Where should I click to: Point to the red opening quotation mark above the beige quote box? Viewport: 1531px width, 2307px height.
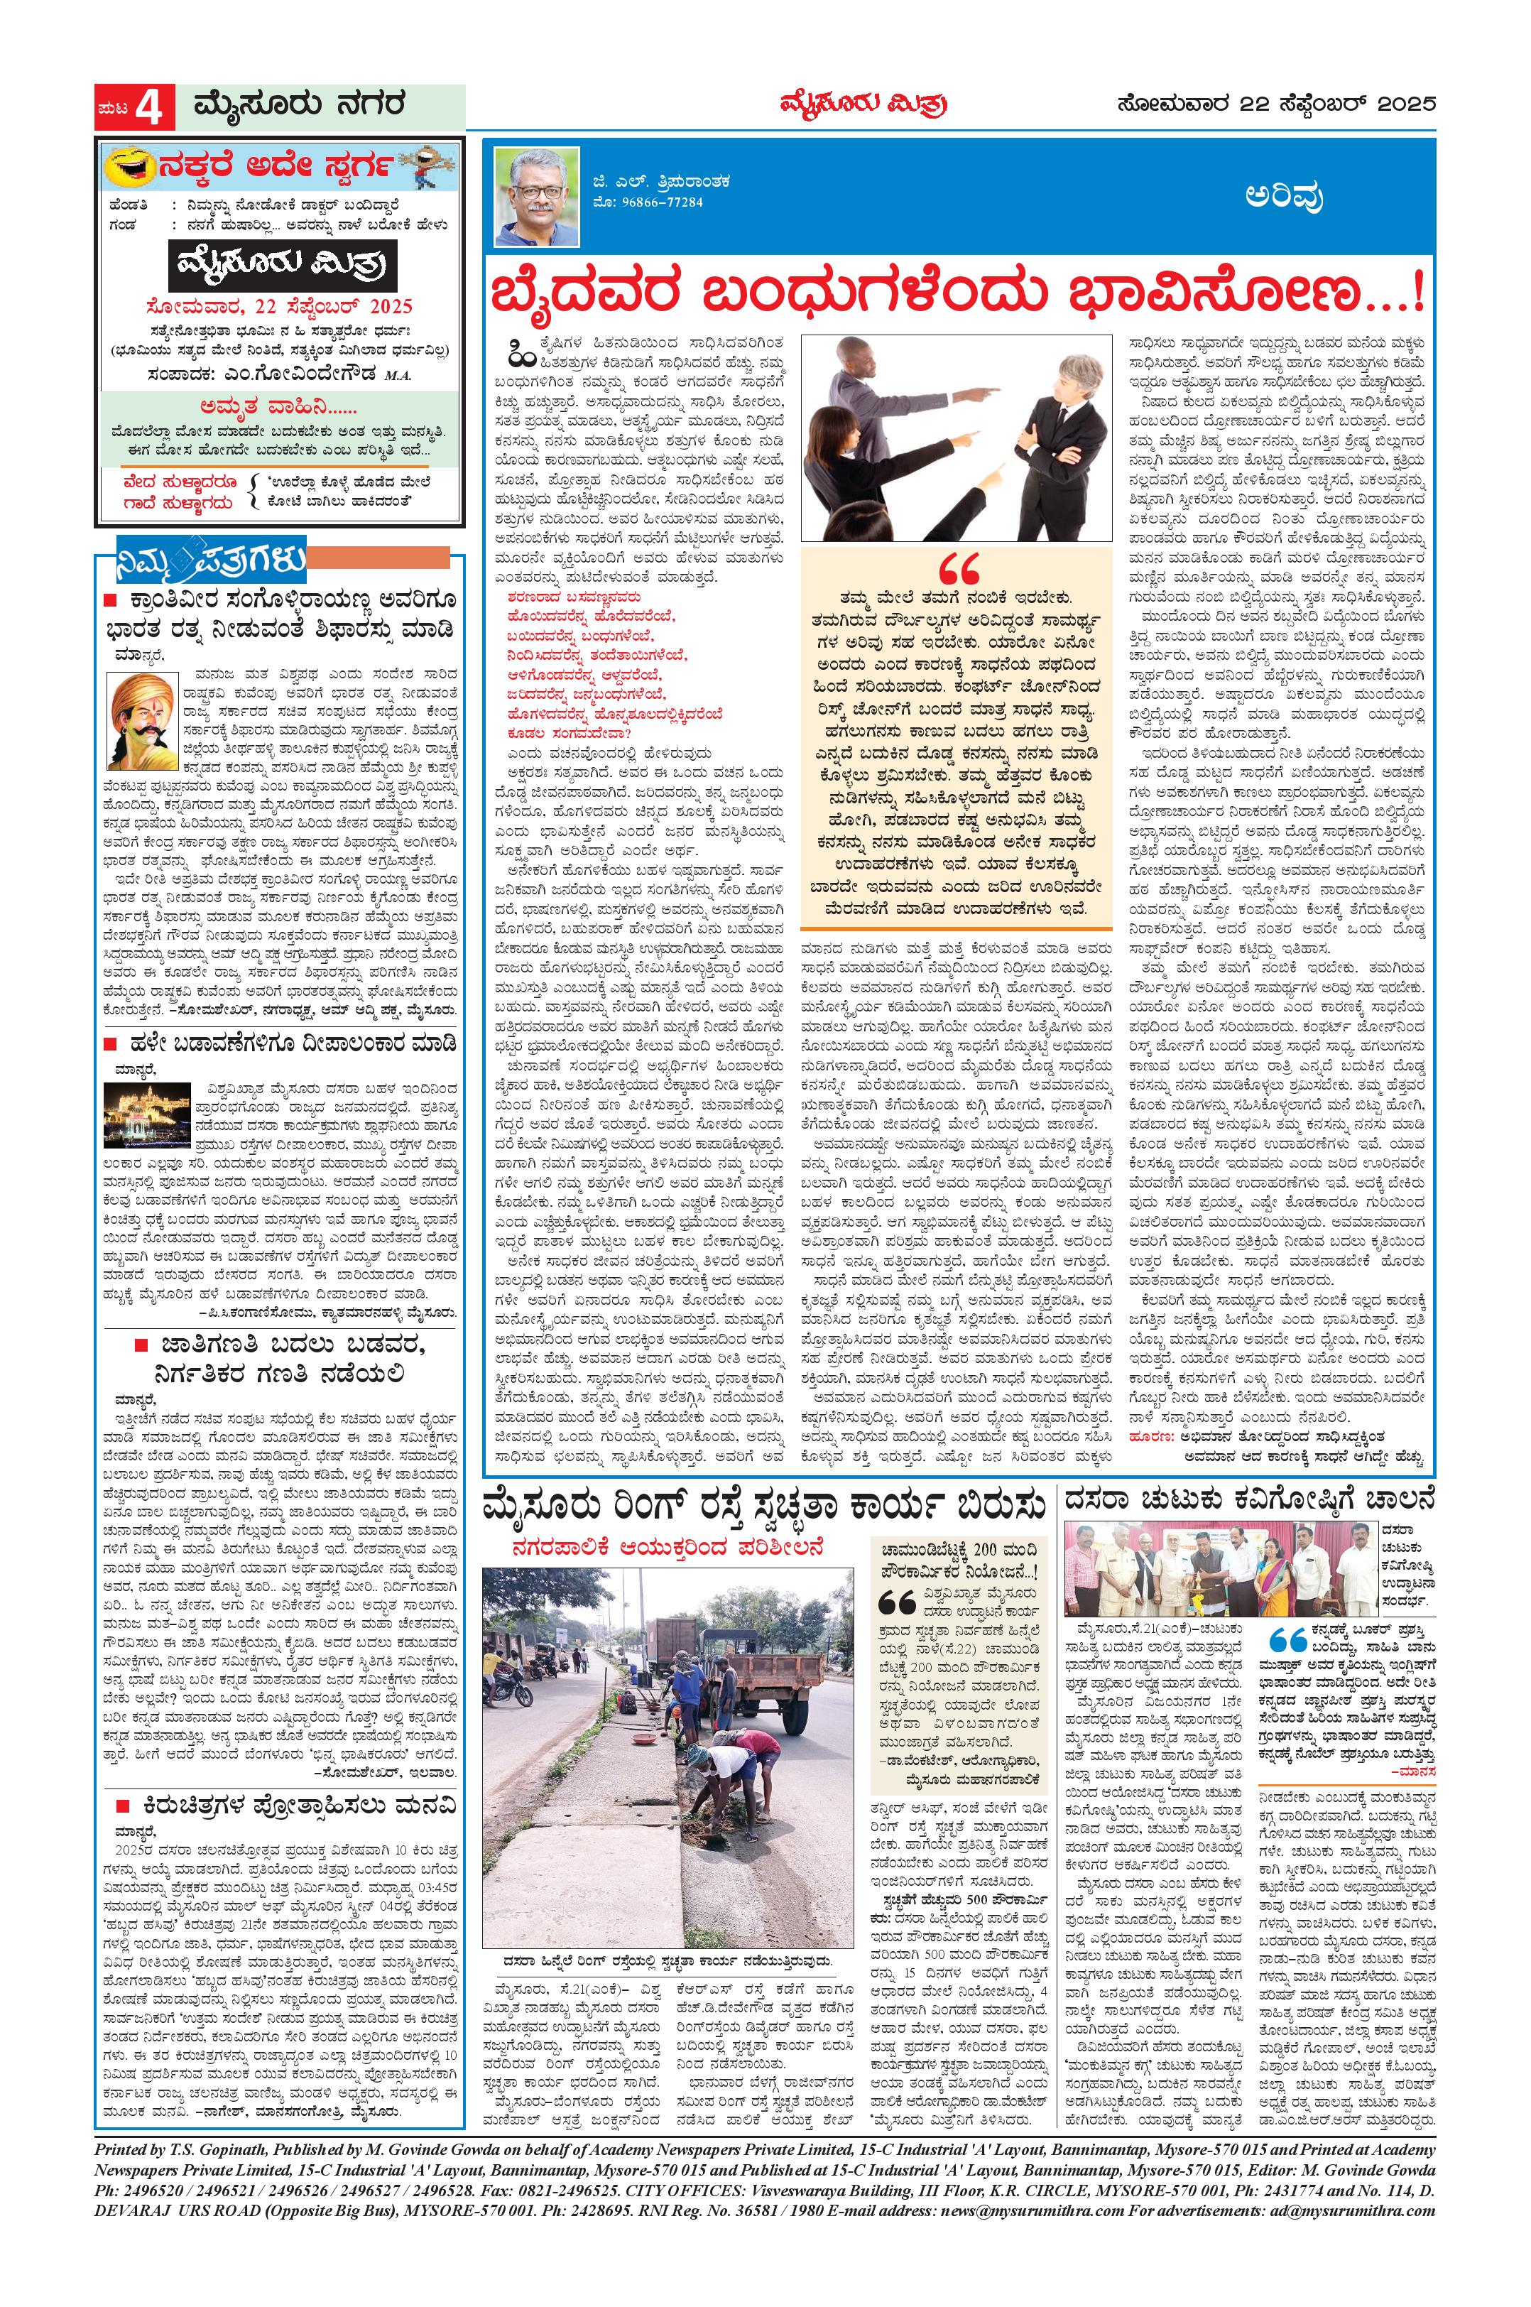[958, 570]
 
